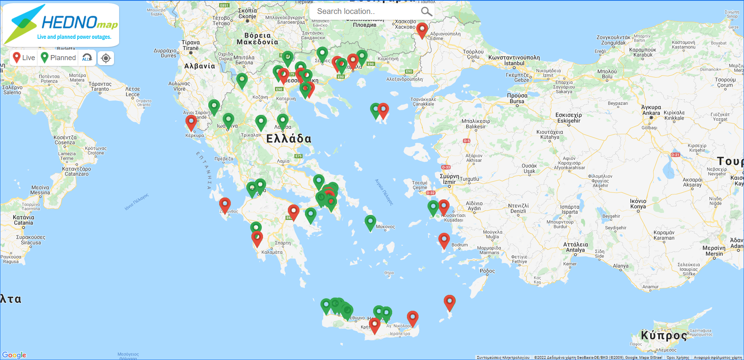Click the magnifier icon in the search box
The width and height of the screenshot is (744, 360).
pyautogui.click(x=426, y=12)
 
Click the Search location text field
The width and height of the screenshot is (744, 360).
pyautogui.click(x=365, y=12)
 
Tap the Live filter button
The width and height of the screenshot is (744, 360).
pyautogui.click(x=24, y=58)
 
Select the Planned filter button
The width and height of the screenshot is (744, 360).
pyautogui.click(x=59, y=58)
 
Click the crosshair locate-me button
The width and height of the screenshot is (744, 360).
pyautogui.click(x=106, y=58)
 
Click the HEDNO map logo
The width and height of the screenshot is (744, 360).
pyautogui.click(x=61, y=24)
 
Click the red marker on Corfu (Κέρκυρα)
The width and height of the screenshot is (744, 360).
pyautogui.click(x=191, y=122)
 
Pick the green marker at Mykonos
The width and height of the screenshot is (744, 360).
pyautogui.click(x=370, y=222)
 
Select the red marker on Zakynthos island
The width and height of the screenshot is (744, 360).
pyautogui.click(x=225, y=204)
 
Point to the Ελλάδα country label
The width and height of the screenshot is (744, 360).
pyautogui.click(x=289, y=139)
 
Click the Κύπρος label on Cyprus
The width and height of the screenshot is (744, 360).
pyautogui.click(x=663, y=335)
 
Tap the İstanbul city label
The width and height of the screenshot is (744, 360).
pyautogui.click(x=514, y=63)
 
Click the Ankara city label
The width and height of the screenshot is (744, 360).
pyautogui.click(x=651, y=113)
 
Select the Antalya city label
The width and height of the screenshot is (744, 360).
pyautogui.click(x=575, y=250)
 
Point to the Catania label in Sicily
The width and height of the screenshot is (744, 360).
pyautogui.click(x=24, y=223)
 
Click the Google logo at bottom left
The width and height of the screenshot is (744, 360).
pyautogui.click(x=14, y=355)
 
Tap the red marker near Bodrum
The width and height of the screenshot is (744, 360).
pyautogui.click(x=444, y=240)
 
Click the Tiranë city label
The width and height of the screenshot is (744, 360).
pyautogui.click(x=190, y=48)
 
